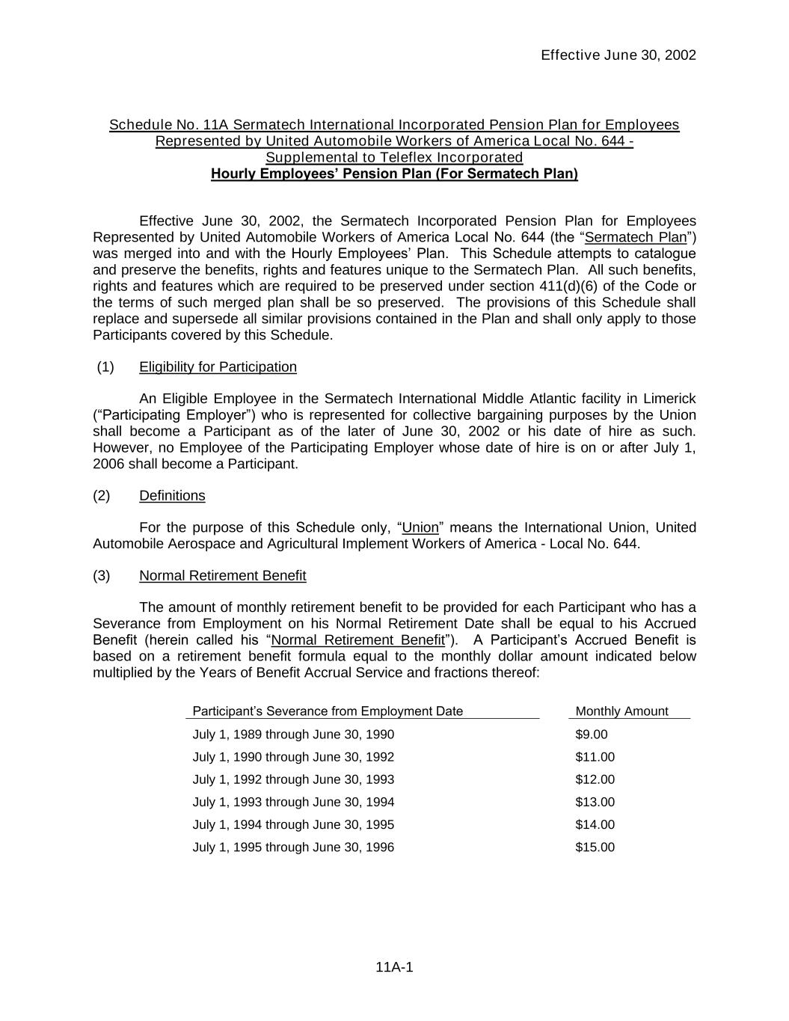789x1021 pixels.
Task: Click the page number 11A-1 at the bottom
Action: point(394,967)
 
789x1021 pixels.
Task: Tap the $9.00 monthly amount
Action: point(591,735)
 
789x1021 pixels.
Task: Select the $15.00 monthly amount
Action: point(595,847)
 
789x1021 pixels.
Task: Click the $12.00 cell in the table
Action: point(595,779)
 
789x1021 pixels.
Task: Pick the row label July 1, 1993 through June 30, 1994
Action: point(293,802)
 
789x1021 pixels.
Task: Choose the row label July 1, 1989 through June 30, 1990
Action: point(293,735)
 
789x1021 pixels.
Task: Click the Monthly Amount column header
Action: point(621,711)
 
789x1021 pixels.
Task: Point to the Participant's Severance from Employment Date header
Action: point(328,711)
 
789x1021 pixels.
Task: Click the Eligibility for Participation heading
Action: point(218,367)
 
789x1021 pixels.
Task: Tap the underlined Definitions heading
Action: point(172,496)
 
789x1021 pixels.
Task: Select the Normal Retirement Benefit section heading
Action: point(222,575)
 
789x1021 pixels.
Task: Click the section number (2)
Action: point(102,496)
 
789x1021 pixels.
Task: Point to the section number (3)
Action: point(102,575)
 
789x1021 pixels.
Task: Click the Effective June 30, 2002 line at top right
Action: point(618,55)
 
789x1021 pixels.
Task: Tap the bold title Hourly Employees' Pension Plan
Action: point(394,174)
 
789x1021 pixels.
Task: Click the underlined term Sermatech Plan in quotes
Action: point(636,237)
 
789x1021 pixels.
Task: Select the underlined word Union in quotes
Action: point(420,527)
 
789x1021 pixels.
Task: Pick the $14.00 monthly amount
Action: point(595,824)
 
